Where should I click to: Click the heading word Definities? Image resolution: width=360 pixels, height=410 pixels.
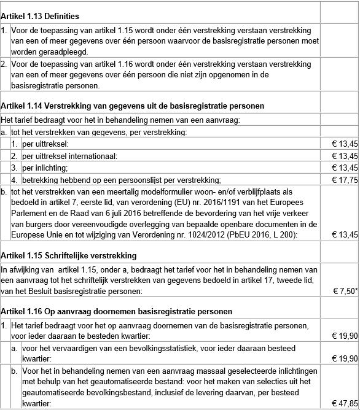click(60, 15)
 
